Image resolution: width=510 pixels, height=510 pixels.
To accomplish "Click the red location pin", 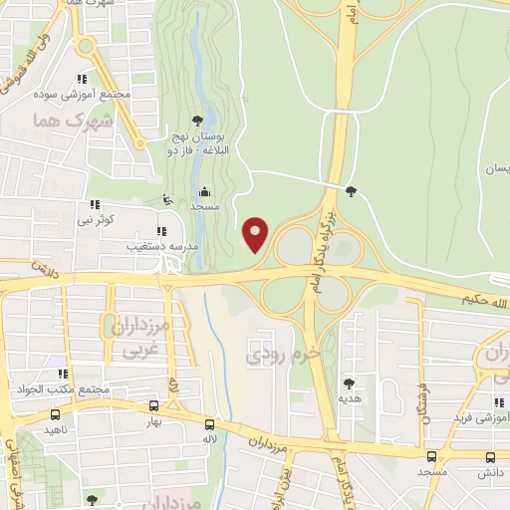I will (257, 234).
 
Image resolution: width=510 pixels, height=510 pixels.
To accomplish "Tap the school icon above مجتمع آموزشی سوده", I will (83, 79).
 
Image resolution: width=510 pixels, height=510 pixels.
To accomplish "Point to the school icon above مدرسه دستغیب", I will (161, 231).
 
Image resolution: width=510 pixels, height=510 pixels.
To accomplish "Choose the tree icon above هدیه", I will (349, 383).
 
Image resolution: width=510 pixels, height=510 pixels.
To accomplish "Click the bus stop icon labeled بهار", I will (153, 405).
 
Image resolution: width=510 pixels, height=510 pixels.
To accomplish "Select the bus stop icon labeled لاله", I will (209, 422).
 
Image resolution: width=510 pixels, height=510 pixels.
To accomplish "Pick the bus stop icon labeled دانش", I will (489, 457).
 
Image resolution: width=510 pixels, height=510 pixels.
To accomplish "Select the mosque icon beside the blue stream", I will (204, 192).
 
